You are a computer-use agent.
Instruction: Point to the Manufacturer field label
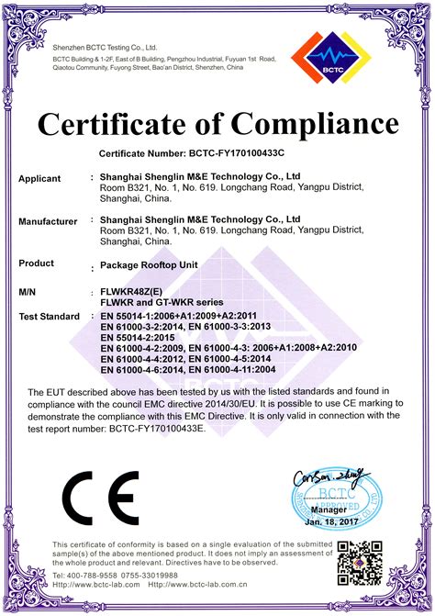[48, 221]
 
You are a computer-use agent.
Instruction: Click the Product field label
[36, 263]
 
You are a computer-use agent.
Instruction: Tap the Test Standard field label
[49, 317]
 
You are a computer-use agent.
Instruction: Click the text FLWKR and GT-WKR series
[162, 303]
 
